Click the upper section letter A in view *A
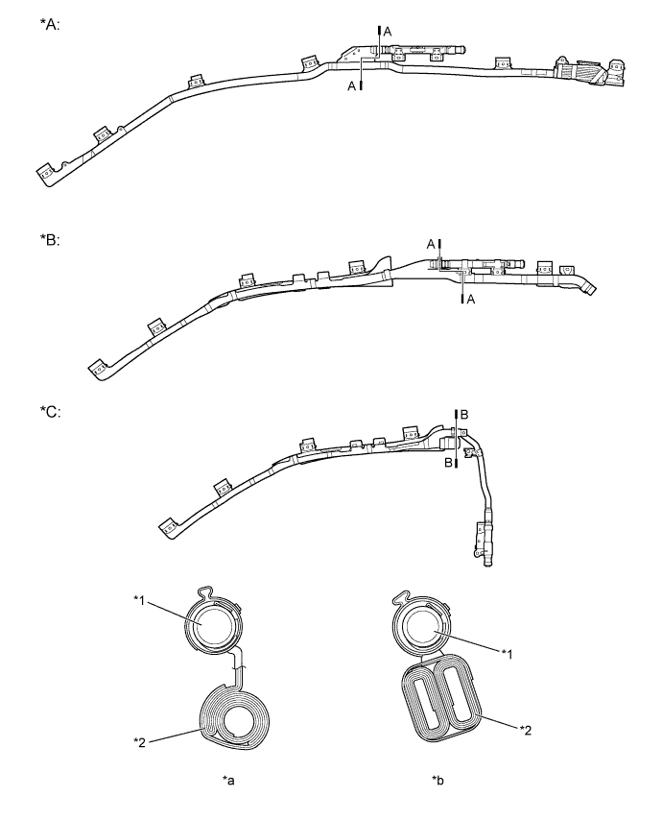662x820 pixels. (x=388, y=32)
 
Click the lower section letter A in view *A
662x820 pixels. (x=351, y=86)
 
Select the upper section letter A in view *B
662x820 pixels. (x=430, y=244)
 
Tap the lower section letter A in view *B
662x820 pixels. (x=471, y=300)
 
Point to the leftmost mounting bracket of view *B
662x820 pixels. (x=97, y=368)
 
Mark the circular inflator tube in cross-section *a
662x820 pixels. (x=205, y=625)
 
